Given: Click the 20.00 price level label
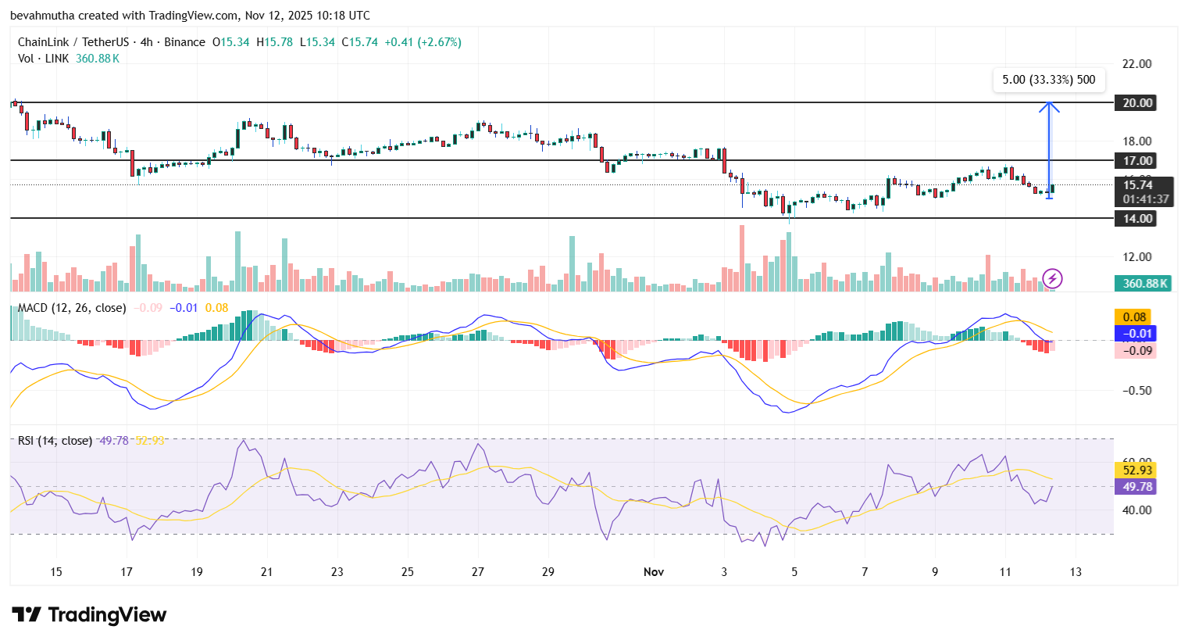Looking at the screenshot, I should coord(1137,103).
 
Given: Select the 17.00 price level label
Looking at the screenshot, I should coord(1137,161).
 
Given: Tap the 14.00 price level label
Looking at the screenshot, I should coord(1137,219).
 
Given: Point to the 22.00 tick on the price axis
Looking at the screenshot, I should coord(1136,64).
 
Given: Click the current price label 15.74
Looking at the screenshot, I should coord(1138,185).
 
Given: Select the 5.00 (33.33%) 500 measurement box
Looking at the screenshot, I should coord(1048,80).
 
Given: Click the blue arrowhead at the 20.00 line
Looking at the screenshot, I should coord(1049,106).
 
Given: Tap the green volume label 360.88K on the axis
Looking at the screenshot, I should coord(1145,284).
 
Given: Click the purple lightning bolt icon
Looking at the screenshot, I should coord(1052,278).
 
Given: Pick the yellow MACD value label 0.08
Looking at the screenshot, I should coord(1134,317).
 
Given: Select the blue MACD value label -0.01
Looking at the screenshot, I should coord(1134,334).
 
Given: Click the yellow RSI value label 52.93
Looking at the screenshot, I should coord(1137,470).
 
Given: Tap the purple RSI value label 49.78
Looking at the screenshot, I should coord(1137,487).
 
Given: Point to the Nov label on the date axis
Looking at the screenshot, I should coord(654,572).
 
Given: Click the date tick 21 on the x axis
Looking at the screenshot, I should coord(267,572).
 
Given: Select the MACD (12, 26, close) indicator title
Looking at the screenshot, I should coord(72,308).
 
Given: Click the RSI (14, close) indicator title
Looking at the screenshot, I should coord(55,441).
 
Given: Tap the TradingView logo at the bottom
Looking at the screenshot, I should coord(89,615).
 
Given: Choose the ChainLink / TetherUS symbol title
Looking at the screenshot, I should coord(73,42).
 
